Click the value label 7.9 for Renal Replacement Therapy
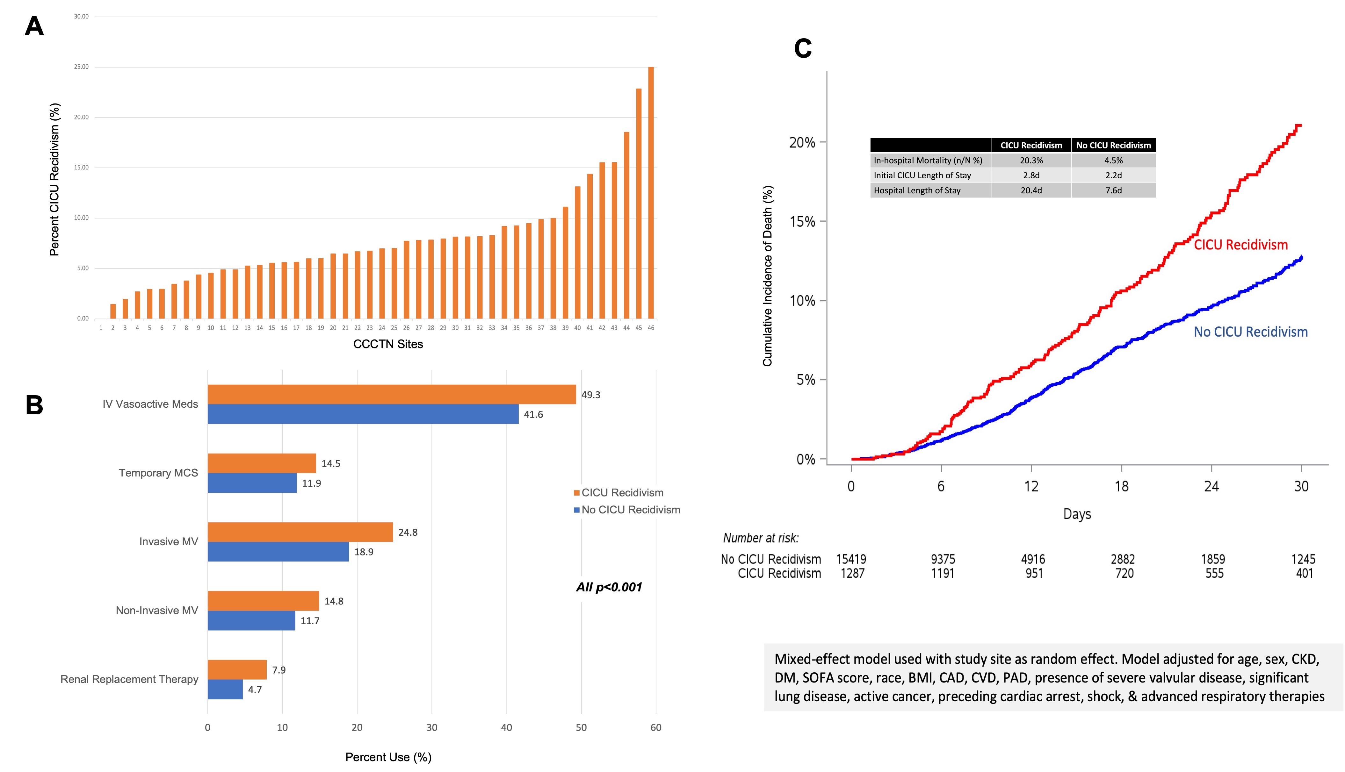(x=278, y=670)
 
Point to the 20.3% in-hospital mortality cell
(x=1031, y=160)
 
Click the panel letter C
(x=802, y=49)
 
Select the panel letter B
(x=34, y=405)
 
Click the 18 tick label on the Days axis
(x=1121, y=486)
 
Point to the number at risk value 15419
(x=851, y=559)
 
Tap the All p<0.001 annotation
(x=609, y=587)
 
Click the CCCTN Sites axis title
(x=388, y=344)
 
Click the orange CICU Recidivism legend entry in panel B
(x=618, y=493)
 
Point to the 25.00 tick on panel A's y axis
(x=81, y=67)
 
